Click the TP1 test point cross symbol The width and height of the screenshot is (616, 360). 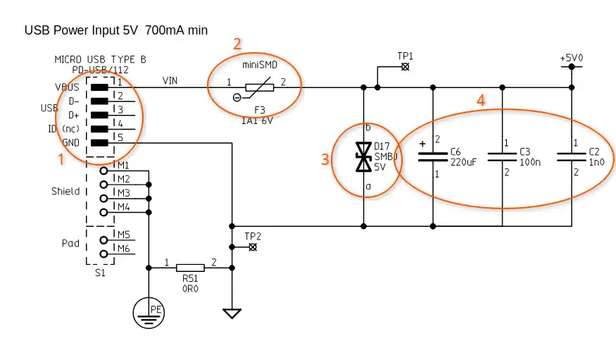pyautogui.click(x=405, y=67)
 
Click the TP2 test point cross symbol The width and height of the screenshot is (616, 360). pyautogui.click(x=253, y=247)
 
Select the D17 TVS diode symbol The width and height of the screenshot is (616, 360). pyautogui.click(x=363, y=157)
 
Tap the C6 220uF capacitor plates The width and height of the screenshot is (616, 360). pyautogui.click(x=433, y=157)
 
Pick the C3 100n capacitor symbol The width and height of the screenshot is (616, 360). pyautogui.click(x=502, y=157)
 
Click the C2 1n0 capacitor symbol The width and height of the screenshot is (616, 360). pyautogui.click(x=572, y=157)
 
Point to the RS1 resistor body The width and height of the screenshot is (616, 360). pyautogui.click(x=190, y=268)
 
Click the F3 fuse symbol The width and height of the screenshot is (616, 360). pyautogui.click(x=259, y=87)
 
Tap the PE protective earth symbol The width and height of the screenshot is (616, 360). pyautogui.click(x=149, y=314)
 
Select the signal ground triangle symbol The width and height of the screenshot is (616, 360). pyautogui.click(x=232, y=314)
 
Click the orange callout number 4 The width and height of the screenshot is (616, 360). pyautogui.click(x=481, y=101)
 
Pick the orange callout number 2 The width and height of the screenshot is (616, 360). pyautogui.click(x=237, y=44)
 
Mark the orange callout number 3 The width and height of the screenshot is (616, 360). pyautogui.click(x=325, y=159)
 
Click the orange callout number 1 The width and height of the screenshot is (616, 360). pyautogui.click(x=61, y=159)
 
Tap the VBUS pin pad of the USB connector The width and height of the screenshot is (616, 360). pyautogui.click(x=99, y=87)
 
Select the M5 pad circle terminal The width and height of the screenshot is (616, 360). pyautogui.click(x=103, y=240)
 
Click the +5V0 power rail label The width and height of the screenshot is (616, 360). pyautogui.click(x=572, y=58)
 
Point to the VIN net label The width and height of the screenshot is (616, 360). pyautogui.click(x=170, y=80)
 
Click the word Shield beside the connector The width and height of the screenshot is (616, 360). pyautogui.click(x=65, y=192)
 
